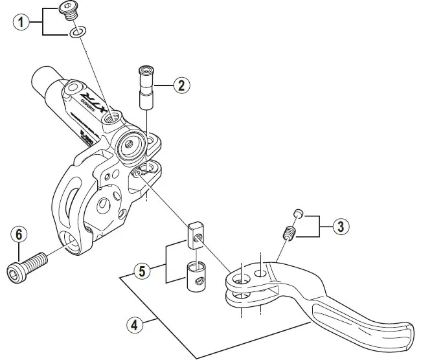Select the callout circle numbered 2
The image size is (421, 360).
point(182,84)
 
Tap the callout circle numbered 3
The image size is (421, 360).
point(341,226)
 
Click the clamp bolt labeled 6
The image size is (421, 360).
point(26,266)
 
